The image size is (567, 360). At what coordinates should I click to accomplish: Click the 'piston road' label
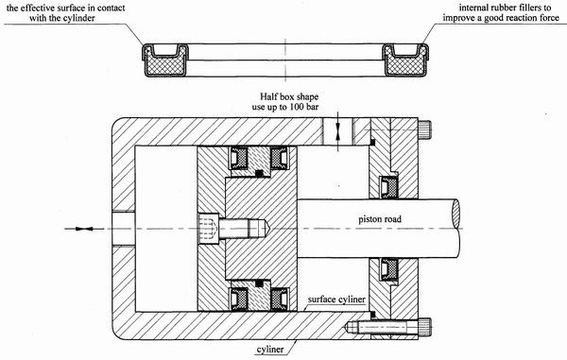(x=380, y=219)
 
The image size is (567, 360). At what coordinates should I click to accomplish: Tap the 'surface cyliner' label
(x=336, y=300)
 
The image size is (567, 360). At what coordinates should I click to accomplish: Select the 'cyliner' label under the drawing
(x=270, y=350)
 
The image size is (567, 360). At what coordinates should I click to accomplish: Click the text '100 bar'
(x=304, y=107)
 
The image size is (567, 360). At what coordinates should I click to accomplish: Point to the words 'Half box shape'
(x=289, y=97)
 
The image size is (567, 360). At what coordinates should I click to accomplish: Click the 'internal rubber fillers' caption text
(x=505, y=8)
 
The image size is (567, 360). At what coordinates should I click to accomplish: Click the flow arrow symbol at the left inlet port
(x=84, y=229)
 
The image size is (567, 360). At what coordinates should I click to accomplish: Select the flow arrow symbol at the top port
(x=337, y=130)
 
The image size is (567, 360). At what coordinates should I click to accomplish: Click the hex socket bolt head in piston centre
(x=208, y=229)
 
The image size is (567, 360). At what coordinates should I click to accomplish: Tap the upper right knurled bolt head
(x=425, y=129)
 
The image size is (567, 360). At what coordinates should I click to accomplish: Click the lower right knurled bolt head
(x=425, y=327)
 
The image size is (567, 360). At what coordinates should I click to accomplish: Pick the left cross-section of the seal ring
(x=164, y=60)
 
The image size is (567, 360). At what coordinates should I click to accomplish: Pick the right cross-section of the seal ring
(x=405, y=60)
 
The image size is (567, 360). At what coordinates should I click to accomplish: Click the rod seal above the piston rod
(x=388, y=187)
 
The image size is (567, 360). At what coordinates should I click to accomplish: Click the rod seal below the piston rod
(x=388, y=269)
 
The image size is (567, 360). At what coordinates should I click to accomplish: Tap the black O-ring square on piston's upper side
(x=259, y=174)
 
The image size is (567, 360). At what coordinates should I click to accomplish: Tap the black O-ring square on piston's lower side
(x=259, y=283)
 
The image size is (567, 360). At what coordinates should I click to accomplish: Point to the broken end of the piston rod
(x=456, y=229)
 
